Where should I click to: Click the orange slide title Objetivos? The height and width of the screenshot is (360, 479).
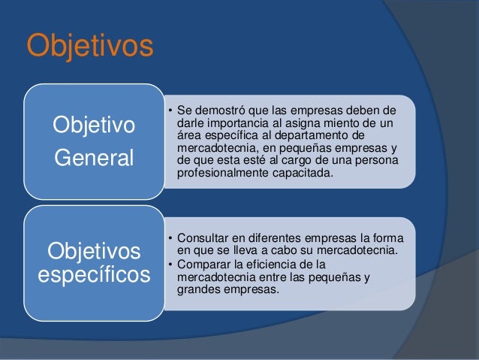[90, 45]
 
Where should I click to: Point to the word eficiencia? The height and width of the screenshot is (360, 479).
[273, 264]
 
